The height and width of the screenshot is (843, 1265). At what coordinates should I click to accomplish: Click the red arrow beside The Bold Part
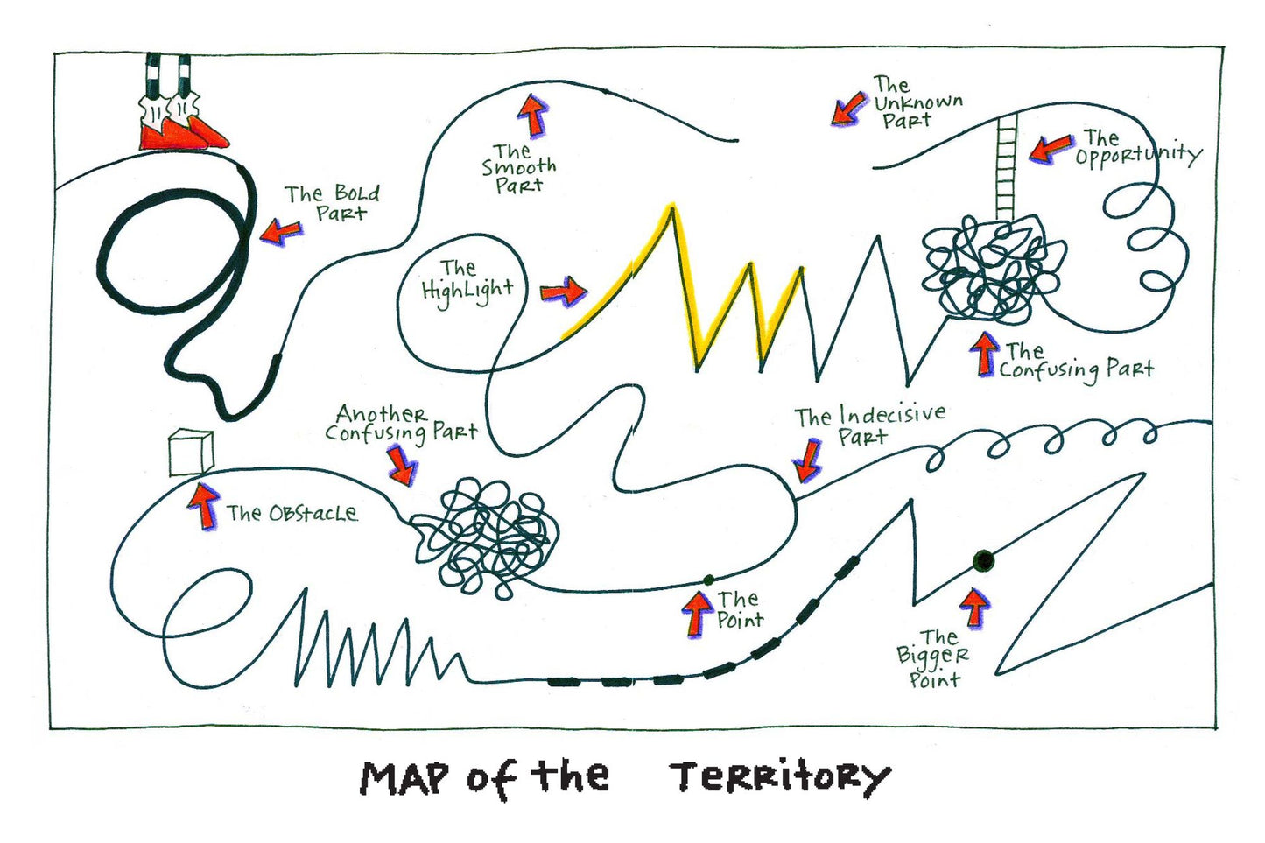click(x=282, y=231)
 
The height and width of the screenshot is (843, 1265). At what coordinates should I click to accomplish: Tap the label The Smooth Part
click(x=518, y=168)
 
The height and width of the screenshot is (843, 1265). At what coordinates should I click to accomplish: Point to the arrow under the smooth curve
click(x=532, y=116)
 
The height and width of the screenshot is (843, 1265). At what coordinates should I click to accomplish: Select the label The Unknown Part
click(x=918, y=102)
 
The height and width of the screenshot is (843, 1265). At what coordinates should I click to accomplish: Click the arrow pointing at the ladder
click(x=1051, y=149)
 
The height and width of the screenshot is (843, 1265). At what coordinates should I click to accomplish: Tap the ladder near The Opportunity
click(x=1007, y=165)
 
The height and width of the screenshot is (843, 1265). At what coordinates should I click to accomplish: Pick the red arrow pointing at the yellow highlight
click(x=564, y=292)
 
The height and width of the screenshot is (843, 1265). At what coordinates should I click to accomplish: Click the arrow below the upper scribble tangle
click(x=985, y=354)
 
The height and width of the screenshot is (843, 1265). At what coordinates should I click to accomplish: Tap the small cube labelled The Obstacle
click(x=192, y=453)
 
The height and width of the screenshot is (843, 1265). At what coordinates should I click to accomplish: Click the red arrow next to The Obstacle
click(x=203, y=505)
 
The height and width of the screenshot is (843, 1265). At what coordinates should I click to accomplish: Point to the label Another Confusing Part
click(x=401, y=424)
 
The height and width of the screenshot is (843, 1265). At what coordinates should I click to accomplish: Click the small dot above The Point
click(x=708, y=580)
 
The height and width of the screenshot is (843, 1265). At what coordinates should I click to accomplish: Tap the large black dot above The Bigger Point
click(x=984, y=560)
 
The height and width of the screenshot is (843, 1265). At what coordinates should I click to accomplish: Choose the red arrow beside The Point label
click(x=698, y=614)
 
